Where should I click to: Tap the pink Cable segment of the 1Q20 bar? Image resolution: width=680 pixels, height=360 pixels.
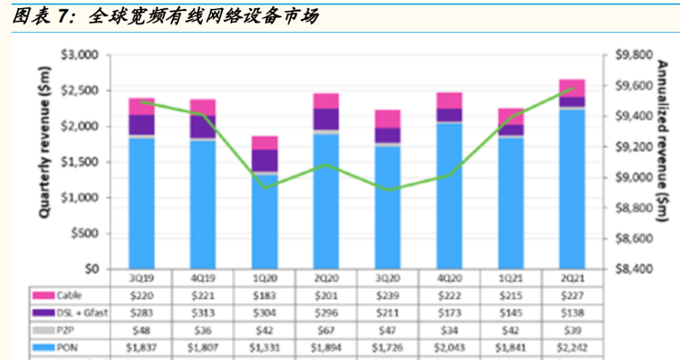coord(265,142)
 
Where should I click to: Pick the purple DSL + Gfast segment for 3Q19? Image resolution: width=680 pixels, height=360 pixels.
coord(142,125)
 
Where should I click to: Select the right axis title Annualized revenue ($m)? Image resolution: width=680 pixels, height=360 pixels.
coord(662,139)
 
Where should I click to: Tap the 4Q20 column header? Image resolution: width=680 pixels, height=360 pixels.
coord(450,279)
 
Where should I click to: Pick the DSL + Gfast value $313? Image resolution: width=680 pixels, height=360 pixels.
coord(202,313)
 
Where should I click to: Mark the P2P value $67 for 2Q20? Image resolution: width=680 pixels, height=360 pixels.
coord(326,330)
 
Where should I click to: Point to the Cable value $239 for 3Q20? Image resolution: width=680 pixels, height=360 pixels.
coord(388,296)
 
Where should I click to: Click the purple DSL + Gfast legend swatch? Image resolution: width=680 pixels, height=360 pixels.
coord(41,313)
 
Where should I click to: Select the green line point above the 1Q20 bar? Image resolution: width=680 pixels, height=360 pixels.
coord(265,187)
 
